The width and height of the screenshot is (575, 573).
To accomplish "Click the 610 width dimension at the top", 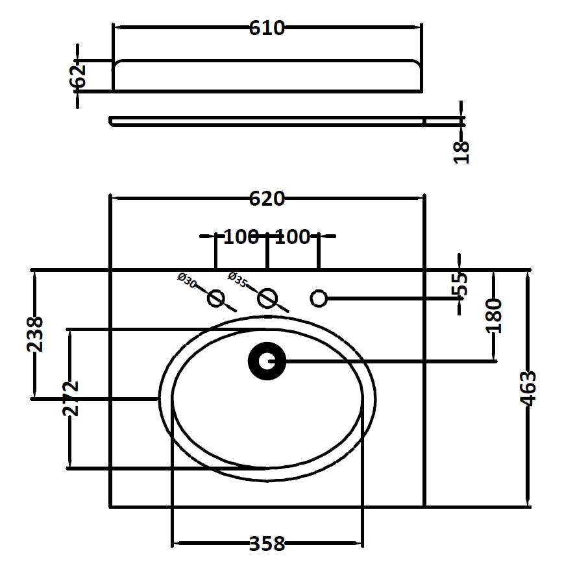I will [267, 28].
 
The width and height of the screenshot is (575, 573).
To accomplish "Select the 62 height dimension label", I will [79, 75].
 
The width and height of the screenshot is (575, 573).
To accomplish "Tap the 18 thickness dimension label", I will [461, 151].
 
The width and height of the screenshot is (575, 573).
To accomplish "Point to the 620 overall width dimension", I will [267, 199].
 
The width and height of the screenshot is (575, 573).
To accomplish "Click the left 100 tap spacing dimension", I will [241, 237].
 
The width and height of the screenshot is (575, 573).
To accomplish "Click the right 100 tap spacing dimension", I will [293, 237].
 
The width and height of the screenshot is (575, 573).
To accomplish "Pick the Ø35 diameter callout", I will [238, 280].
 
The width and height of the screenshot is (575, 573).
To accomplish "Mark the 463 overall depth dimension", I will [529, 388].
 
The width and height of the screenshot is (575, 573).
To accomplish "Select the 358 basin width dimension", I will [267, 543].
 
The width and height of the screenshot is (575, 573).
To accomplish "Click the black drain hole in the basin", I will [267, 361].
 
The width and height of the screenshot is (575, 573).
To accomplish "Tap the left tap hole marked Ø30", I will [215, 299].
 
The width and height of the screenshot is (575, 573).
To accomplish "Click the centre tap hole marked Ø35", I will [267, 299].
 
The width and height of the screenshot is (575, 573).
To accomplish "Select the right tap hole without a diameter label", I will [318, 299].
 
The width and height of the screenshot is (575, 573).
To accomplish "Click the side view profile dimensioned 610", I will [267, 76].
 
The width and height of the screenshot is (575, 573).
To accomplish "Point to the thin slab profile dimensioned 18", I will [267, 121].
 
